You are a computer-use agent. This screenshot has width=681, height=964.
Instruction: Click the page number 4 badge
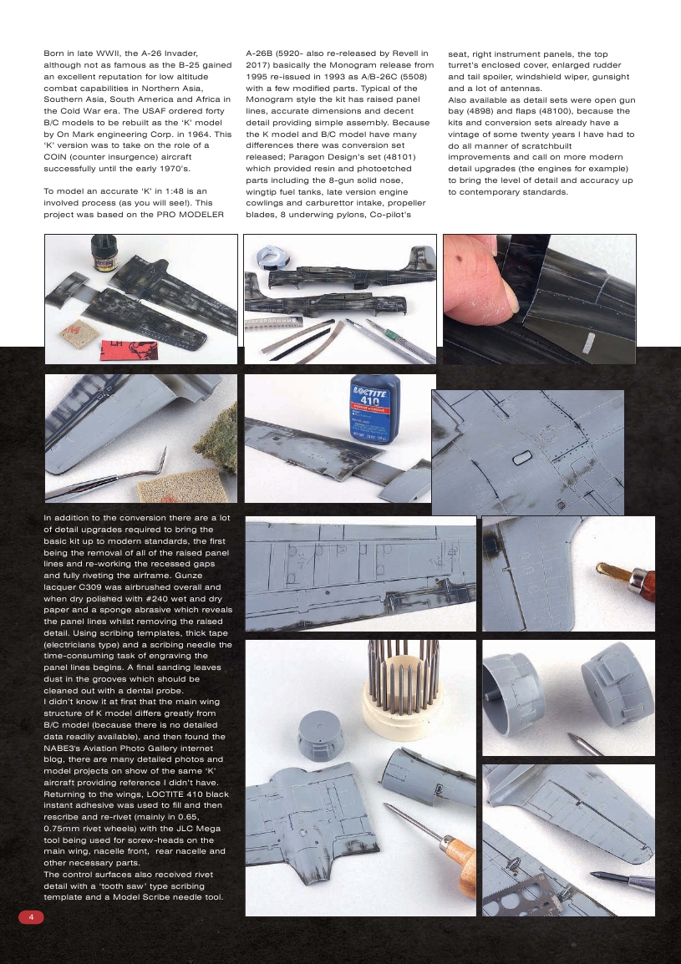31,917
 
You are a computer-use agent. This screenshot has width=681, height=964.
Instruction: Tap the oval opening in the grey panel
520,458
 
